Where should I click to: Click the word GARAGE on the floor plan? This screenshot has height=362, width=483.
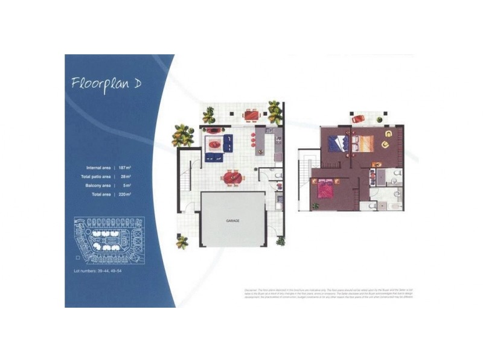233,221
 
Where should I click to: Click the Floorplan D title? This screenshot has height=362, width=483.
106,83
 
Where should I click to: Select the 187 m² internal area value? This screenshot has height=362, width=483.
126,167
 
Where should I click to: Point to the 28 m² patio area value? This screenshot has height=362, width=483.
126,176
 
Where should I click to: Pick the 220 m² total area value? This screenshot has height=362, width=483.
126,195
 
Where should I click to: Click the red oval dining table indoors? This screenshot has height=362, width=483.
231,177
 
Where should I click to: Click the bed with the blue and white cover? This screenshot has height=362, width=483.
336,144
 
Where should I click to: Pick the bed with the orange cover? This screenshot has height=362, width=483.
365,144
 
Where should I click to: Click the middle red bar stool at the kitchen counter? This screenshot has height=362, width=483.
252,143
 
